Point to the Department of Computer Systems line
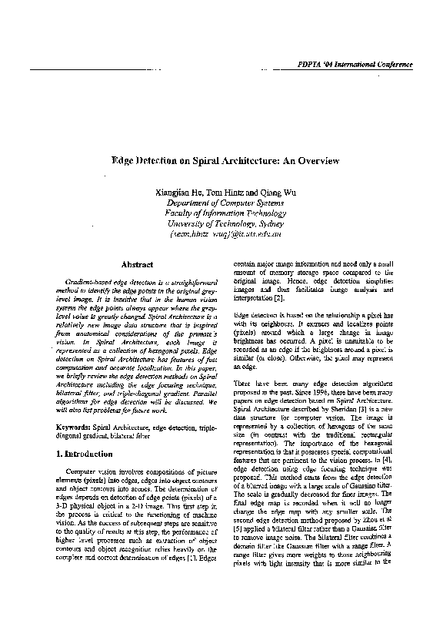point(220,203)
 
